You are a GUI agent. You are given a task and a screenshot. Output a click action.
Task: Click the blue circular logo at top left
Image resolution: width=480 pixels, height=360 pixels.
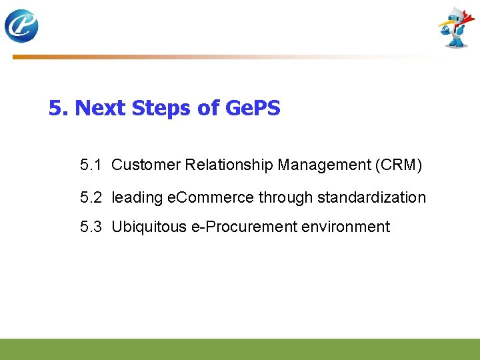[x=21, y=27]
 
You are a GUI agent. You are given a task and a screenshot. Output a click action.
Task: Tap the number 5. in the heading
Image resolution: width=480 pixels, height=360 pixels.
[x=59, y=108]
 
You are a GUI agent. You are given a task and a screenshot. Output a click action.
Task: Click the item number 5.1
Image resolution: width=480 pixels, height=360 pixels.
[x=91, y=165]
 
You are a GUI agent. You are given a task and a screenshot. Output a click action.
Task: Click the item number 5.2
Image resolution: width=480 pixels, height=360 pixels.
[x=91, y=197]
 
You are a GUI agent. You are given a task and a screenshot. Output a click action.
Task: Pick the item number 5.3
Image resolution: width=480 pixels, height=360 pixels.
[x=91, y=227]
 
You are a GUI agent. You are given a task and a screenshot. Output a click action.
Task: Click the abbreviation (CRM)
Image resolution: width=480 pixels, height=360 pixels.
[x=399, y=165]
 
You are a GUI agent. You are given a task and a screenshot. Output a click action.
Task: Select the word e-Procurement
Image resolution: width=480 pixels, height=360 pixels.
[x=244, y=227]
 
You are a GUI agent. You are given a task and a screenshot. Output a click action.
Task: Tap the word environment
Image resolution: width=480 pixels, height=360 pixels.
[x=345, y=227]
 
